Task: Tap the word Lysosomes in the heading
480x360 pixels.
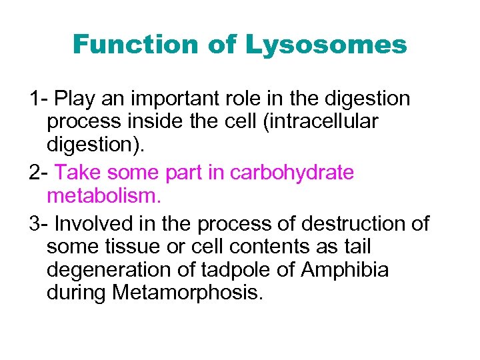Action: point(325,45)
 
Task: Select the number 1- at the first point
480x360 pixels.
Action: point(39,99)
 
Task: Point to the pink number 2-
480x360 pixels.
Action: point(39,173)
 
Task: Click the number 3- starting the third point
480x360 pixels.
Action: point(39,223)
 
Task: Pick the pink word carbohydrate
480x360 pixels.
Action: point(292,173)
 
